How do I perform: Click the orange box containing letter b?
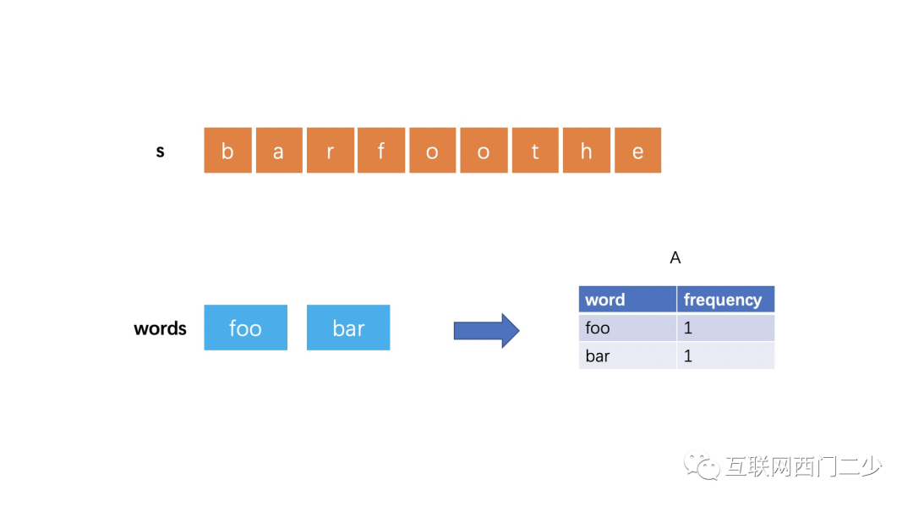point(227,151)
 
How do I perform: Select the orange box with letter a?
point(279,151)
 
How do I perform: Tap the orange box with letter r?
point(331,151)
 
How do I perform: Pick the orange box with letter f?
point(381,151)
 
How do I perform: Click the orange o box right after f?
point(433,151)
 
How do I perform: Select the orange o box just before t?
point(484,151)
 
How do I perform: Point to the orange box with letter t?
point(535,151)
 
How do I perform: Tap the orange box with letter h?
point(587,151)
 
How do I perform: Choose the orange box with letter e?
point(637,151)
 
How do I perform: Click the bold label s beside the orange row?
point(160,152)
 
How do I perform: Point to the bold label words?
point(160,328)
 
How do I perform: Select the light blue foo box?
point(246,328)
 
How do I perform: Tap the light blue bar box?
point(348,328)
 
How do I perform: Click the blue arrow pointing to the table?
point(486,330)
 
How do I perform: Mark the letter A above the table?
point(675,257)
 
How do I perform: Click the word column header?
point(627,300)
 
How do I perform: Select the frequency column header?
point(725,300)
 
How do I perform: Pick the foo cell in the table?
point(627,328)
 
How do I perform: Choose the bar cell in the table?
point(627,355)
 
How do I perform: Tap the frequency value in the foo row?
point(725,328)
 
